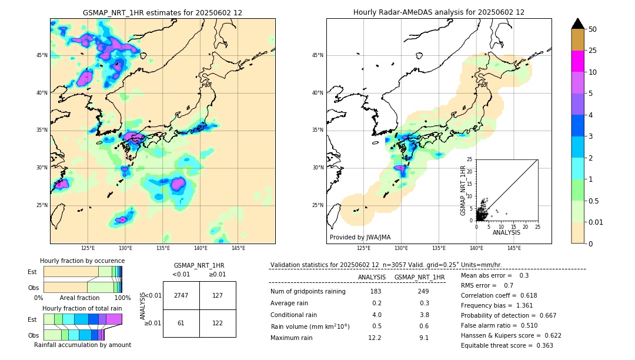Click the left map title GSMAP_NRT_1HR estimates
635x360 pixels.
click(162, 12)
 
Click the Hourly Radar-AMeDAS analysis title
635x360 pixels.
click(439, 12)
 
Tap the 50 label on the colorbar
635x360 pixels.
click(593, 29)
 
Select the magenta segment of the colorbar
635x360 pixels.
click(577, 61)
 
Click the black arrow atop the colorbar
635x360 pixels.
click(577, 24)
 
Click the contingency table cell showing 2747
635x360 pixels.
click(181, 295)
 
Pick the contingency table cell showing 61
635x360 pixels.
click(181, 323)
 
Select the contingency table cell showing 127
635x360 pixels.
click(218, 295)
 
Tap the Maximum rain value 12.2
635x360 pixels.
click(375, 338)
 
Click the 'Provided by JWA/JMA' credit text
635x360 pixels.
click(360, 238)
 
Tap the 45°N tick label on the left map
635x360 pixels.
click(42, 55)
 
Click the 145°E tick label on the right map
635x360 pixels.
click(514, 248)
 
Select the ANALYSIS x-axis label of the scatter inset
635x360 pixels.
click(506, 232)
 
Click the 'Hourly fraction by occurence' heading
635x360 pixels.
click(82, 261)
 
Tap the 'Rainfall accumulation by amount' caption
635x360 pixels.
click(82, 345)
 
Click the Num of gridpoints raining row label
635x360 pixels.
click(308, 292)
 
